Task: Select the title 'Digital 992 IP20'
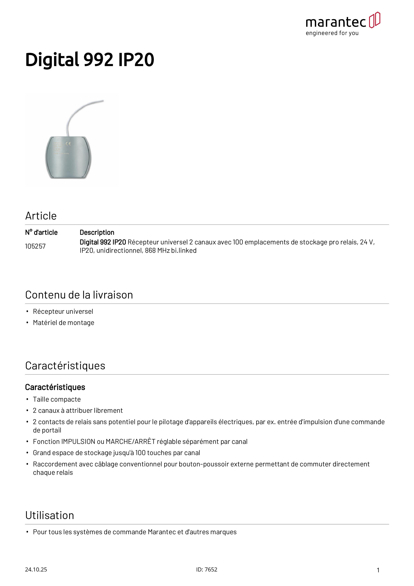point(89,60)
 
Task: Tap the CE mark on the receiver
point(68,144)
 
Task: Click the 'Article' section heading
point(41,216)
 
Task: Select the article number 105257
point(35,246)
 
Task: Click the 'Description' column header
point(97,233)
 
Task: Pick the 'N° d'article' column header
point(41,233)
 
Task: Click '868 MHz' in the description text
point(157,251)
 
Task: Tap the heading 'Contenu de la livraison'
point(79,295)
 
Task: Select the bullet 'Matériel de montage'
point(63,323)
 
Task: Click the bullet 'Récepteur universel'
point(63,312)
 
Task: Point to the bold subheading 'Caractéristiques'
point(55,387)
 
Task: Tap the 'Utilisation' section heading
point(50,516)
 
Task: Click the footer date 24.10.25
point(36,570)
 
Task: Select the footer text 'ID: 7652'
point(207,570)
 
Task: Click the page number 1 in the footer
point(378,570)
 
